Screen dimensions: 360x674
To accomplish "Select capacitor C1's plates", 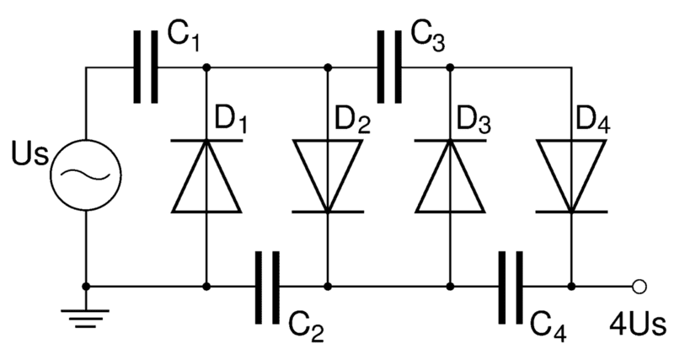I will click(x=145, y=67).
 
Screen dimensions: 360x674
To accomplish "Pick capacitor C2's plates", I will click(x=267, y=287).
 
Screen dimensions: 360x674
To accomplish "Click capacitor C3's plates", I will click(x=388, y=67).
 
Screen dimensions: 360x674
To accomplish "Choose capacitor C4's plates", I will click(x=511, y=287).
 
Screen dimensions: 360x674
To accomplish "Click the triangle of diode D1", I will click(x=207, y=177).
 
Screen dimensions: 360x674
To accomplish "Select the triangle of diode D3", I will click(x=450, y=177).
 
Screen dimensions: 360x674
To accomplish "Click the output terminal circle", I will click(x=639, y=287).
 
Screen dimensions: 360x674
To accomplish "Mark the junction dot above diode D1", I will click(x=207, y=67).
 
